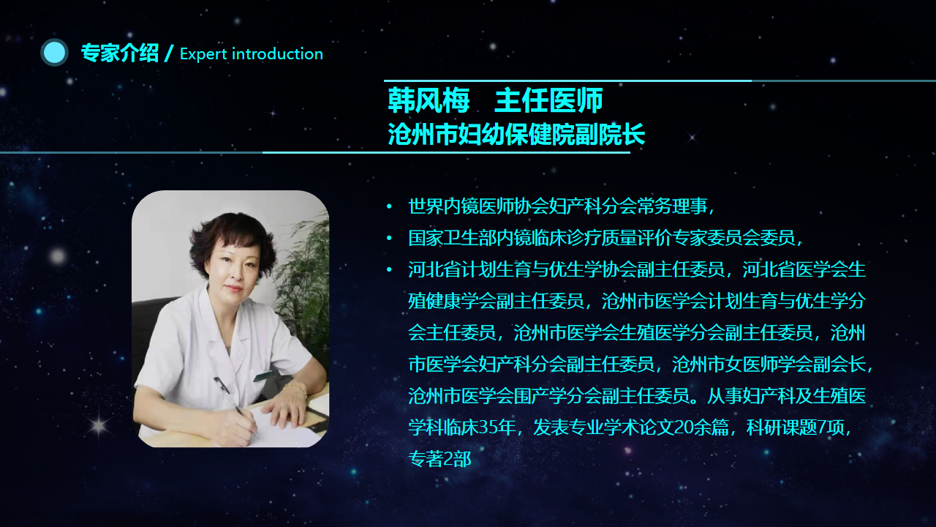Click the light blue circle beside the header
54,53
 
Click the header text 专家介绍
119,53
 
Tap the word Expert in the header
203,54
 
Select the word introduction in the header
277,53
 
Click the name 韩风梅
429,100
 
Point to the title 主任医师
548,100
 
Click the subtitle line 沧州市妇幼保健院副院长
516,134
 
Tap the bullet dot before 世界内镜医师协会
390,206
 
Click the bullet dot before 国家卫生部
390,238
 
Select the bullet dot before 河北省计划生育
390,270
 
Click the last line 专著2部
439,459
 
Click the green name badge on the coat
264,375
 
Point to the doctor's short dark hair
233,241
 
